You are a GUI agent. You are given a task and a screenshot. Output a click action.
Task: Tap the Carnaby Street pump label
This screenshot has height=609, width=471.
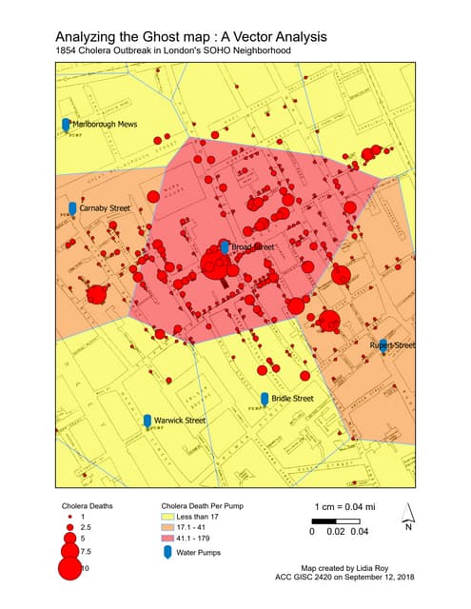[105, 207]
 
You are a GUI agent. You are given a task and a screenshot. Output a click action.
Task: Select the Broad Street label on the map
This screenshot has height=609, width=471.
[252, 247]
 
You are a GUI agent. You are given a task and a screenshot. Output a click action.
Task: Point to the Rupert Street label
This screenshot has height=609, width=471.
[393, 344]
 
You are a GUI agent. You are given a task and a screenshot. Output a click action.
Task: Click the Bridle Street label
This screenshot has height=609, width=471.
[292, 398]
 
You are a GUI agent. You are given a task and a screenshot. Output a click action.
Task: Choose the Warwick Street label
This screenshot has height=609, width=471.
[181, 420]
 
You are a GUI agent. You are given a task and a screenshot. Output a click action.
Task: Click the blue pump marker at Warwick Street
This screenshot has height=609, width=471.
[147, 421]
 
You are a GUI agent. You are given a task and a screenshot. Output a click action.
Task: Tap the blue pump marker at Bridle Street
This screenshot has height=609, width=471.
[265, 398]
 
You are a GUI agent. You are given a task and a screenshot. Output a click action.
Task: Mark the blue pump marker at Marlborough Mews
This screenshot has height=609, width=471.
[65, 125]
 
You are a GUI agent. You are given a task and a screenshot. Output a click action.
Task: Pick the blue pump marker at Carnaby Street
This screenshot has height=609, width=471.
[72, 208]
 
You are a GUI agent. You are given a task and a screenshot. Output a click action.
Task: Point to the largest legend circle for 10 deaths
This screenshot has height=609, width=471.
[69, 569]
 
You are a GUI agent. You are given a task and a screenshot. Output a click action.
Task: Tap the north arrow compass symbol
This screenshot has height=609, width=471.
[407, 514]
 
